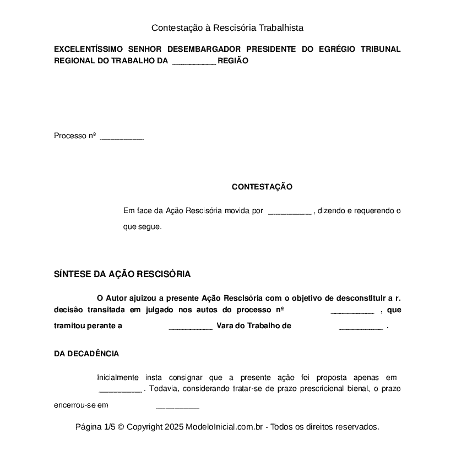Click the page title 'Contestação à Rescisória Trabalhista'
(x=227, y=28)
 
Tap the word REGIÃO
(x=233, y=61)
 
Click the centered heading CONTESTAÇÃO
(x=262, y=187)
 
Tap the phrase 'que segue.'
(x=142, y=226)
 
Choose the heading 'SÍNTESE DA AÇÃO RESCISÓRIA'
(x=122, y=274)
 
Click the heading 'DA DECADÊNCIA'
(x=86, y=354)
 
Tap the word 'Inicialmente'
(x=118, y=377)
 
